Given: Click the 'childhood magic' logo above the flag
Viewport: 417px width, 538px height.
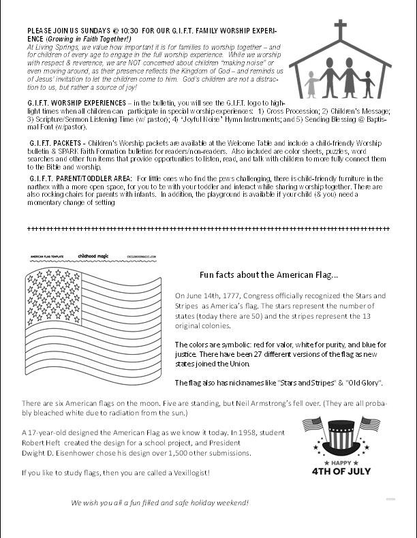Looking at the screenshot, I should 93,256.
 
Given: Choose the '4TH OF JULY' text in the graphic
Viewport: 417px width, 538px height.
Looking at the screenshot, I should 341,471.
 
